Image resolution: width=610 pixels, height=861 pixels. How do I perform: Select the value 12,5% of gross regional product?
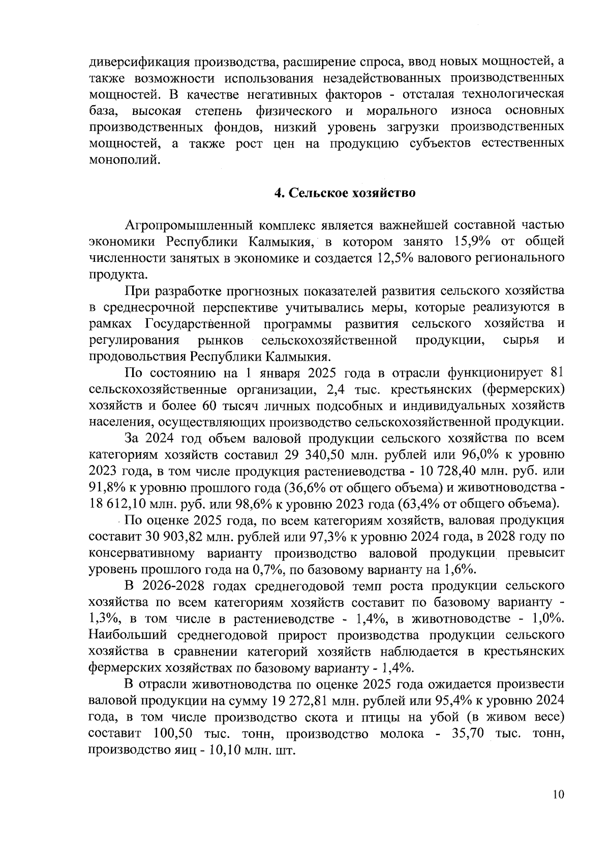pos(394,258)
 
